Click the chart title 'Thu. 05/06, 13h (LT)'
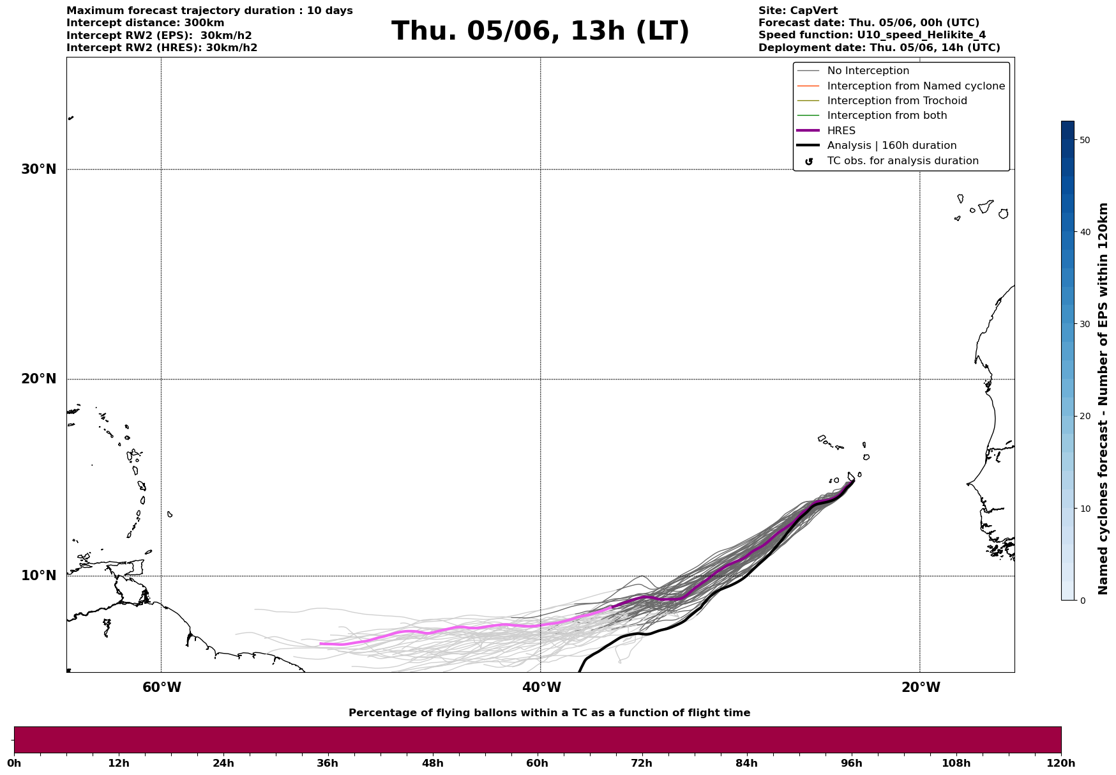[x=540, y=31]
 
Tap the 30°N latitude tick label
[x=39, y=169]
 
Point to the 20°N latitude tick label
[x=39, y=379]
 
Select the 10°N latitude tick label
[x=39, y=576]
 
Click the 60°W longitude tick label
[x=162, y=687]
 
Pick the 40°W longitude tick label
[x=541, y=687]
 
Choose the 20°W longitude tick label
[x=921, y=687]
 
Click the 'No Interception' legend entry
[x=868, y=71]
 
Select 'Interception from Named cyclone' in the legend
[x=916, y=86]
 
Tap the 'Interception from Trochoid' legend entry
[x=896, y=101]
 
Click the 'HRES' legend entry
[x=841, y=131]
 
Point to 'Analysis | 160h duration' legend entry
[x=891, y=146]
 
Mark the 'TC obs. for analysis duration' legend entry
[x=902, y=161]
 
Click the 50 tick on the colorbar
[x=1084, y=140]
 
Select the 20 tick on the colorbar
[x=1084, y=416]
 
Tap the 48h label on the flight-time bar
[x=432, y=763]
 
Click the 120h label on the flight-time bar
[x=1060, y=763]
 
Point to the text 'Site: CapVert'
[x=797, y=11]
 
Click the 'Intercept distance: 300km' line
[x=145, y=23]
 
